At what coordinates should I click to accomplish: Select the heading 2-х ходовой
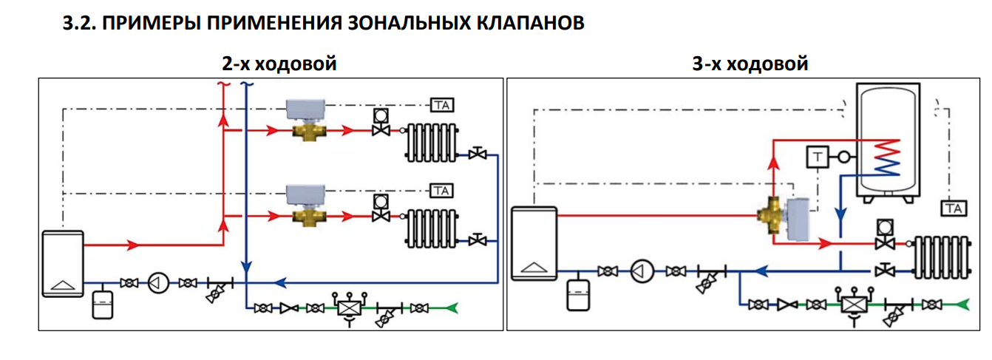point(279,64)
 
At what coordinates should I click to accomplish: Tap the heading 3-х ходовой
point(750,64)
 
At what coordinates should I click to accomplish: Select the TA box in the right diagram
point(954,209)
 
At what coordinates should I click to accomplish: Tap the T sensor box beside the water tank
point(817,157)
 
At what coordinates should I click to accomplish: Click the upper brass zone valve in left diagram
point(306,132)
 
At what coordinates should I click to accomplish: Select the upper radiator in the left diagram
point(432,141)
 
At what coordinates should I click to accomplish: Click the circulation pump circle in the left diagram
point(158,282)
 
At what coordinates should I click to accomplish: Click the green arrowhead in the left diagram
point(452,308)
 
